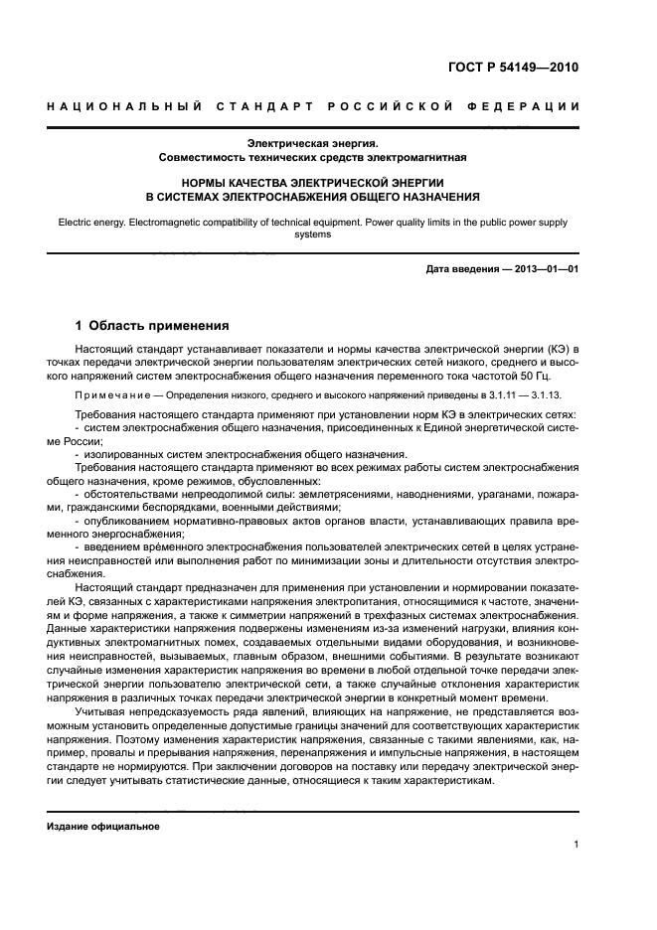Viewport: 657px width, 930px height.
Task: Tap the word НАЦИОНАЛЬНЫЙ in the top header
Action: click(123, 106)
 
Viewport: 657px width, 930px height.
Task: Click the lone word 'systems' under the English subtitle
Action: click(313, 235)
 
